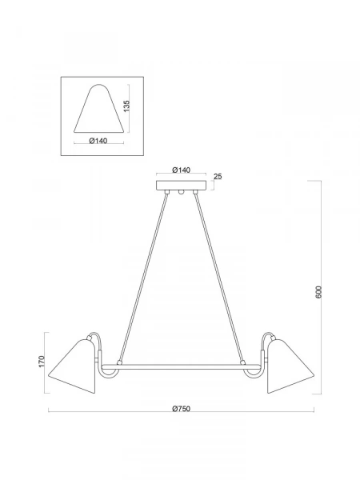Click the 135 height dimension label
point(126,106)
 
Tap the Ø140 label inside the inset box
point(98,141)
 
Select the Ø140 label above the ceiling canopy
point(182,170)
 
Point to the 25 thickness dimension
point(218,177)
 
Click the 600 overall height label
point(318,292)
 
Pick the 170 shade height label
point(42,362)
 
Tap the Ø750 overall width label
point(182,409)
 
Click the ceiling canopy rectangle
point(182,186)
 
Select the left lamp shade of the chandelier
point(73,366)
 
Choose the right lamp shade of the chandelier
point(290,366)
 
